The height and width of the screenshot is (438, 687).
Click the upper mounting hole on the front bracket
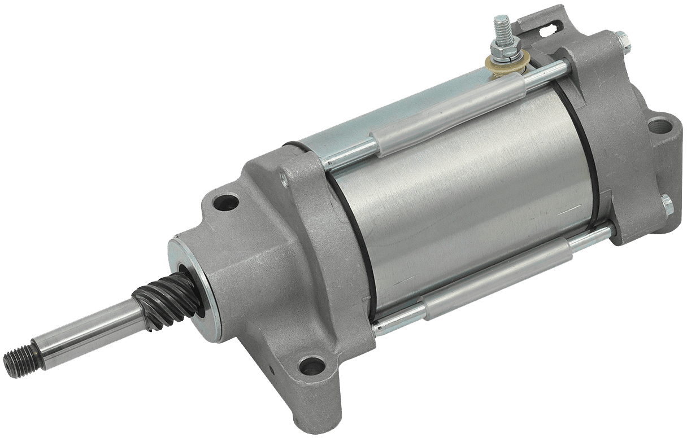pos(229,200)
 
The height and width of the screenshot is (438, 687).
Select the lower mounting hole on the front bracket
pos(308,366)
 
